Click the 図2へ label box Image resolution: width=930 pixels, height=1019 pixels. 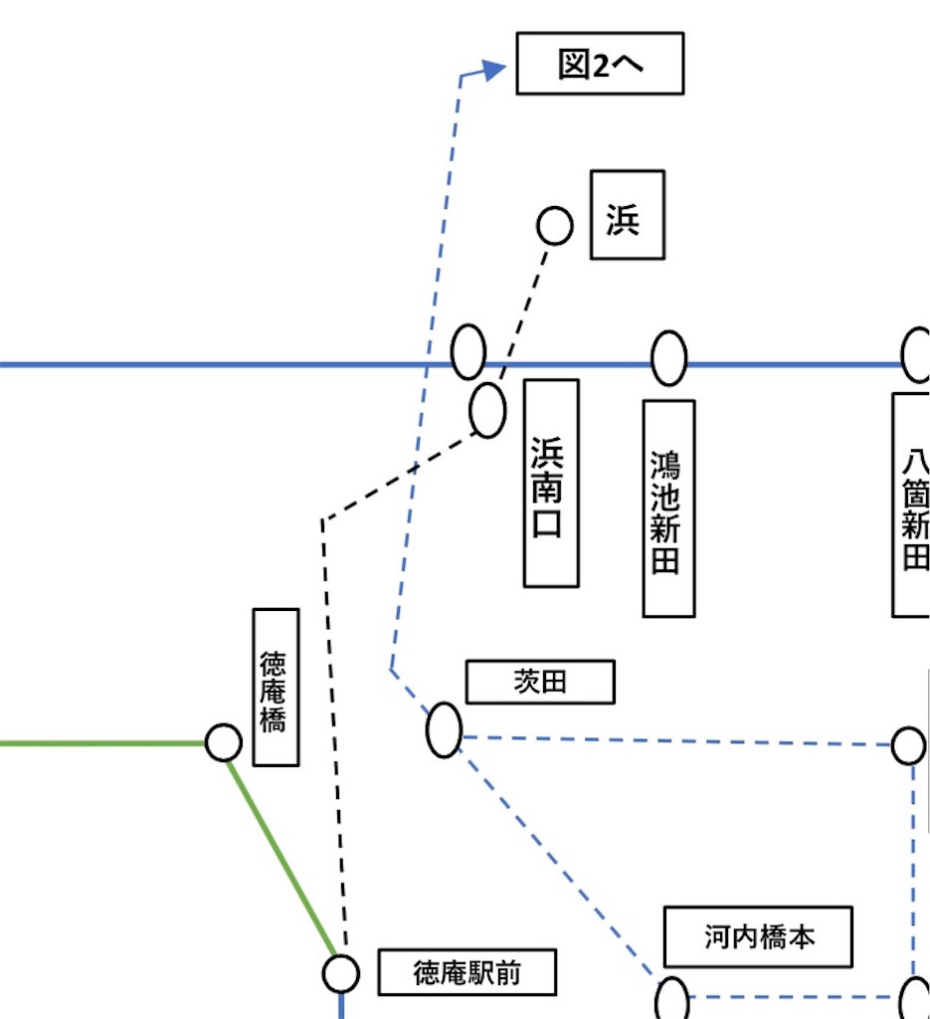[600, 65]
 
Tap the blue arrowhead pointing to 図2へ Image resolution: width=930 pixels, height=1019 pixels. [493, 69]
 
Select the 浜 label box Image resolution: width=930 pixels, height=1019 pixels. [627, 215]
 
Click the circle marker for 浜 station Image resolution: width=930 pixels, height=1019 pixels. [555, 226]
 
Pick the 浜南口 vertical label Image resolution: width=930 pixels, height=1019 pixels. [551, 483]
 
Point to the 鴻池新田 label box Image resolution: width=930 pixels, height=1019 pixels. [668, 509]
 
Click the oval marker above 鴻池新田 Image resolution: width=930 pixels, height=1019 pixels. [668, 358]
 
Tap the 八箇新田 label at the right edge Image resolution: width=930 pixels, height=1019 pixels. [912, 505]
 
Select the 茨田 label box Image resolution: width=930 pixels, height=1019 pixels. [540, 683]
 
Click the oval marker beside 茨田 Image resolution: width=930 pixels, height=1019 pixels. [444, 729]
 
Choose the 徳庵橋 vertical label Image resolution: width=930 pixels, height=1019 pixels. [276, 688]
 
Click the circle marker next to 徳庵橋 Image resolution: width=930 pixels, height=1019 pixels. [224, 741]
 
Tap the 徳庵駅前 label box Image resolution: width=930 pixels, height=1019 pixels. [466, 972]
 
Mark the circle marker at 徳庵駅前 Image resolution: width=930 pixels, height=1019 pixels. [341, 972]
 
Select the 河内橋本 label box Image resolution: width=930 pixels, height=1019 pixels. [758, 936]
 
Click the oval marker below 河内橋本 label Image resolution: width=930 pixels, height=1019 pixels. [672, 999]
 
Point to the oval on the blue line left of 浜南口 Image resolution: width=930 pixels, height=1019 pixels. [468, 352]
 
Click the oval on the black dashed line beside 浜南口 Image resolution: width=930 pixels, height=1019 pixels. [487, 409]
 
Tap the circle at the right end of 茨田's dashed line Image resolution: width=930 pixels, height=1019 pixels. [908, 745]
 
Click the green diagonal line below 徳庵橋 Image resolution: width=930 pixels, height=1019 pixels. [283, 856]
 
